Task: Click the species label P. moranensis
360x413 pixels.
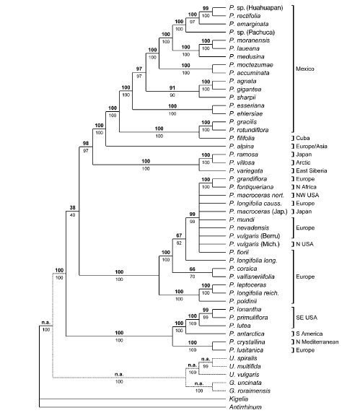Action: click(250, 40)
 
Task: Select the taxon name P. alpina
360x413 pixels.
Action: click(242, 147)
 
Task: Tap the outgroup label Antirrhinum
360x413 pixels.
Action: click(245, 407)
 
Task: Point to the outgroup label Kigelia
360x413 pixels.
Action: click(239, 399)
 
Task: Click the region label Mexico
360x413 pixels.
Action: click(304, 69)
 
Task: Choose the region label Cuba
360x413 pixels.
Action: click(302, 138)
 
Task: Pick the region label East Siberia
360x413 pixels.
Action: click(312, 170)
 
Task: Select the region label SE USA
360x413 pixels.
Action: click(307, 318)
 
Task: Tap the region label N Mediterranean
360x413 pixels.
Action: click(317, 342)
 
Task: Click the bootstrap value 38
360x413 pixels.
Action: click(73, 207)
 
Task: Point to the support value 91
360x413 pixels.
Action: click(172, 87)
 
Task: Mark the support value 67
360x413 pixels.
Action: click(179, 235)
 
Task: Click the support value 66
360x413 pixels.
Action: click(193, 269)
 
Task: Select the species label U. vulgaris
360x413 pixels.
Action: click(245, 375)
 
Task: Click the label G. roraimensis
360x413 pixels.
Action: click(250, 391)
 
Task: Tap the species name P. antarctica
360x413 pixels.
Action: click(247, 334)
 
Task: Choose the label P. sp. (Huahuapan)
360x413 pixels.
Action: click(256, 8)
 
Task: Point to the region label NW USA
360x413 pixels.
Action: click(307, 195)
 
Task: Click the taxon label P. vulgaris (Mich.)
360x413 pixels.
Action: click(255, 244)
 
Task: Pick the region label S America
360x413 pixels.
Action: click(309, 334)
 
